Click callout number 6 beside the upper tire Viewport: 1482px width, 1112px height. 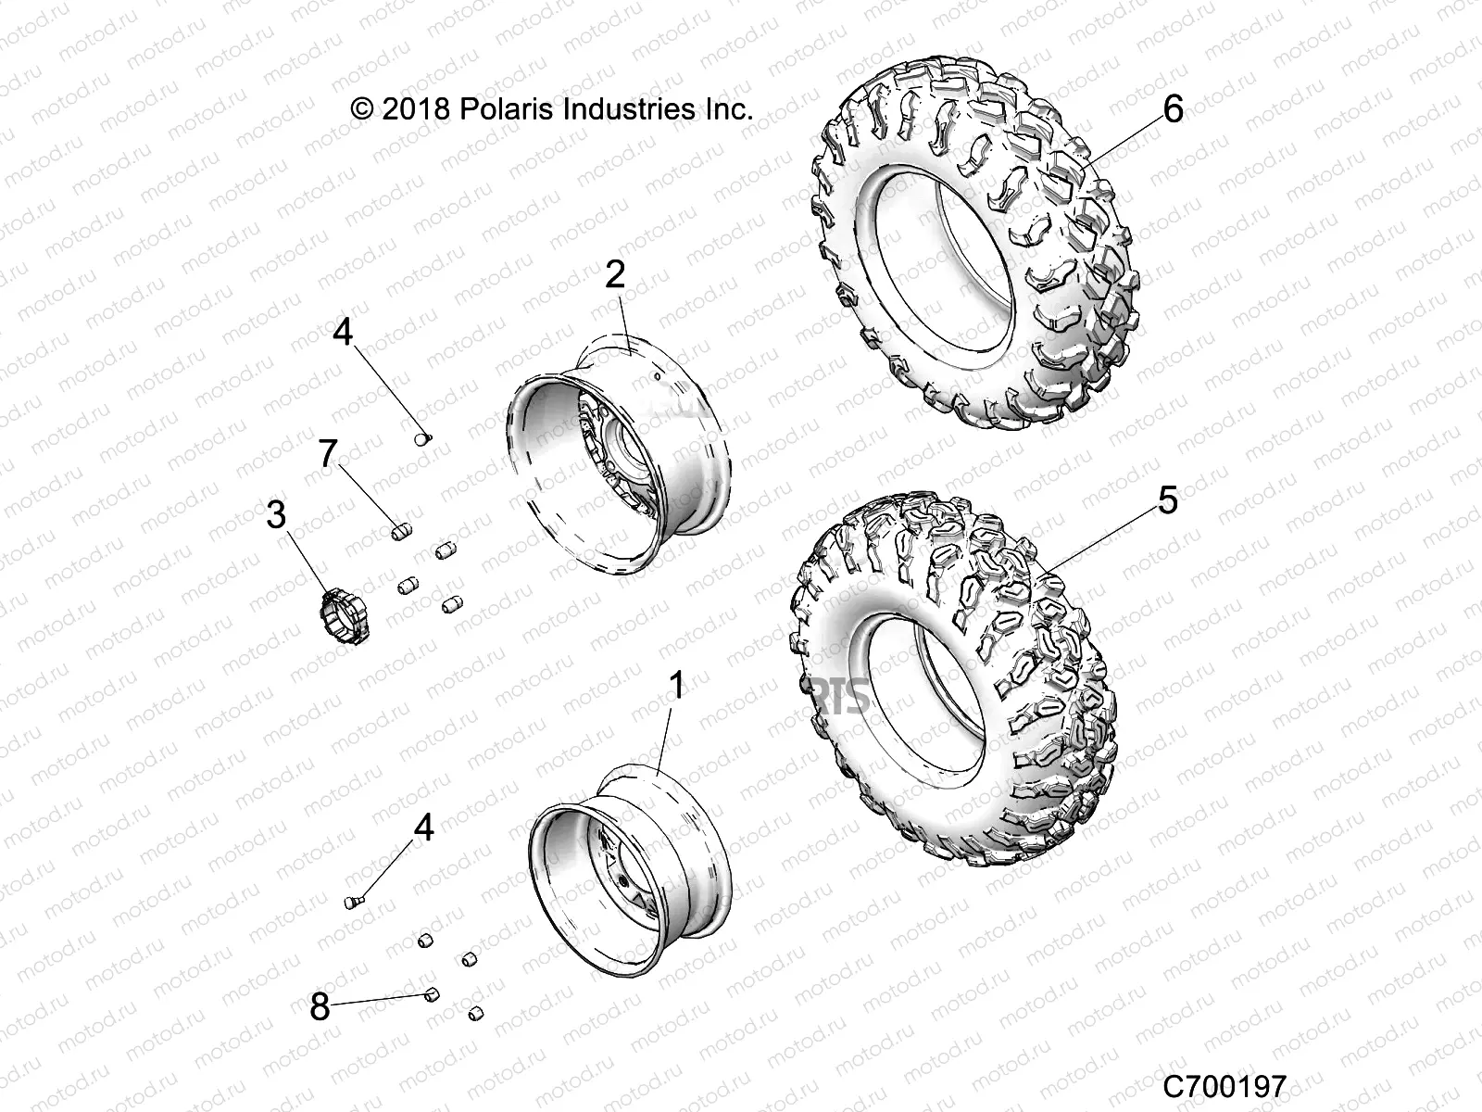pyautogui.click(x=1172, y=110)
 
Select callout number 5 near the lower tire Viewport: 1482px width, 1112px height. pyautogui.click(x=1167, y=501)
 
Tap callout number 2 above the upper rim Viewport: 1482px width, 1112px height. pyautogui.click(x=616, y=276)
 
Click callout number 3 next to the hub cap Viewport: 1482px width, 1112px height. pyautogui.click(x=276, y=515)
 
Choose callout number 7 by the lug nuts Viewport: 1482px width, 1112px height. pyautogui.click(x=327, y=454)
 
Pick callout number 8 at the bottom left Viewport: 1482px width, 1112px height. pyautogui.click(x=320, y=1007)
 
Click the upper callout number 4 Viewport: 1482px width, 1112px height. pyautogui.click(x=344, y=332)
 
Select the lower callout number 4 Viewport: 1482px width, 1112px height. pyautogui.click(x=423, y=828)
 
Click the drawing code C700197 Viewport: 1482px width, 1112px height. pyautogui.click(x=1225, y=1085)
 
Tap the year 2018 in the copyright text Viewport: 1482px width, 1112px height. pyautogui.click(x=416, y=109)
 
